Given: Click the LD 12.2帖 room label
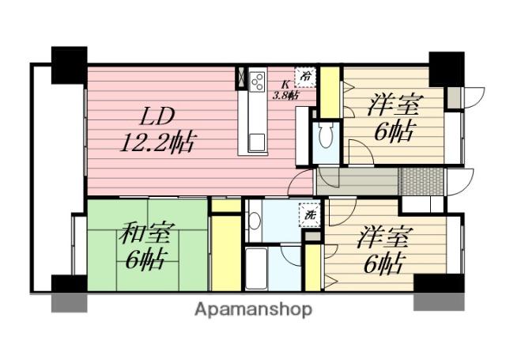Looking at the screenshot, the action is point(158,130).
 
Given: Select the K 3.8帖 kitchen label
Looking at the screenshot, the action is point(285,90).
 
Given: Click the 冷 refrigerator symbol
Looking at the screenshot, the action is point(305,77).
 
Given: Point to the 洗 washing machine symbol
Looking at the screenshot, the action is point(310,215).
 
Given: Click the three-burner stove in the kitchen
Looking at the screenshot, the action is point(258,81).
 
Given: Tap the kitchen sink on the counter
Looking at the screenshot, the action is point(257,142).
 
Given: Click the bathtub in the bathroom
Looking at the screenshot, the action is point(256,269).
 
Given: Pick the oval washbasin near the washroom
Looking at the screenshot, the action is point(255,221).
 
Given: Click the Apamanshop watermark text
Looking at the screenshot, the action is point(253,310).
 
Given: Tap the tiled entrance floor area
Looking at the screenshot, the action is point(421,181).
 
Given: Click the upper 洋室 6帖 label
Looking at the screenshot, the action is point(394,118).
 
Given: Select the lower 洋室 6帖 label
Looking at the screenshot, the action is point(384,251).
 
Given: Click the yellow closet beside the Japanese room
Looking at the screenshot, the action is point(226,253).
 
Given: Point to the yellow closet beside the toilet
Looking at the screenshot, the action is point(330,93).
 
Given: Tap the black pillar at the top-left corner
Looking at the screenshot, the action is point(69,65).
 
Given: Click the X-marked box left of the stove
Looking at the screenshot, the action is point(241,78).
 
